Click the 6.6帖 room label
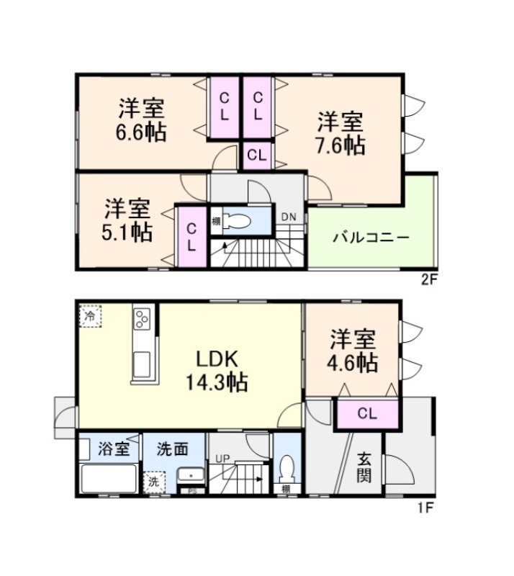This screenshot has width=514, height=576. click(x=141, y=120)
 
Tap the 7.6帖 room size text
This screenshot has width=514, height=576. click(x=341, y=133)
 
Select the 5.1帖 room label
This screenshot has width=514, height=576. click(x=127, y=220)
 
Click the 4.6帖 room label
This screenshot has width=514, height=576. click(x=353, y=351)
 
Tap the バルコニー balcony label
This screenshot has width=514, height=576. click(x=371, y=238)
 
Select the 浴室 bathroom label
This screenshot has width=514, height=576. click(x=114, y=449)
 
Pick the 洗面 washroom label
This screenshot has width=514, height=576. click(x=173, y=449)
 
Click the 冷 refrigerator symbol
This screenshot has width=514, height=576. click(x=90, y=315)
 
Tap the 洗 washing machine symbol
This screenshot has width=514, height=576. click(x=154, y=482)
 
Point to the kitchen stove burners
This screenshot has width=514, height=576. click(x=142, y=318)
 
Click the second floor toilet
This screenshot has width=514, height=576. click(x=237, y=221)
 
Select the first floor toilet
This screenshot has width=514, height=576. click(x=287, y=469)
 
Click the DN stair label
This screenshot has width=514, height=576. click(x=289, y=217)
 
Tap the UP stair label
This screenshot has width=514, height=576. click(x=222, y=459)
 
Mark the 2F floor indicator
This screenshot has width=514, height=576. click(x=428, y=280)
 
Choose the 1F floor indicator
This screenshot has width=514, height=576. click(x=425, y=508)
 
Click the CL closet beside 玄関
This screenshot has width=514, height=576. click(x=367, y=414)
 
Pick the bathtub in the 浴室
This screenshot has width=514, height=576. click(x=109, y=479)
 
